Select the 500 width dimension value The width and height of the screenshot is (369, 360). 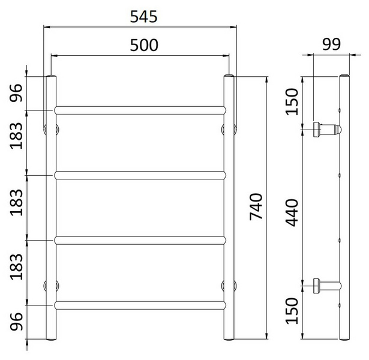point(143,45)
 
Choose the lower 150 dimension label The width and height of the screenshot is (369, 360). point(292,310)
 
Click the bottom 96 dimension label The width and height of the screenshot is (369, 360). point(17,323)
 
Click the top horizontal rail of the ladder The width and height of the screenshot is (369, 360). point(140,110)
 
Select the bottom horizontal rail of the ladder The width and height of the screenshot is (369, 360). point(140,305)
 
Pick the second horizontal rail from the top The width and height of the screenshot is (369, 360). point(140,175)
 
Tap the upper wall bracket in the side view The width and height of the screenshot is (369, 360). point(326,128)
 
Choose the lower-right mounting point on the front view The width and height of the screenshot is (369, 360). point(228,285)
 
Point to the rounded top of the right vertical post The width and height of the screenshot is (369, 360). point(228,77)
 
